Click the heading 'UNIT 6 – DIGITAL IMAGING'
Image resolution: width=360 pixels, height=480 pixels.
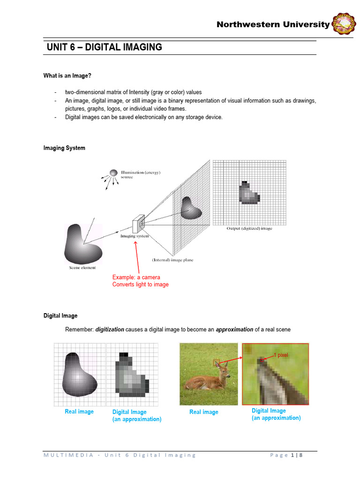[x=104, y=47]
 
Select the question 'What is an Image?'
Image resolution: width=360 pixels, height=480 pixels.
[x=64, y=76]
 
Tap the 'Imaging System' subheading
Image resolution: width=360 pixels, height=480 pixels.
[x=64, y=148]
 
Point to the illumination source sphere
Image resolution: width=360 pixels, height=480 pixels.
[x=113, y=173]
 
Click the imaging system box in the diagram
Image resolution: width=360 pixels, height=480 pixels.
[x=139, y=225]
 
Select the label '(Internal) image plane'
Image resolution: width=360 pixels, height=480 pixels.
[x=172, y=260]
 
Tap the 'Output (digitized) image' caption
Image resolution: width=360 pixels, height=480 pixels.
[x=249, y=228]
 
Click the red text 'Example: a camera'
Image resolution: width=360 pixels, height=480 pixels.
[x=136, y=277]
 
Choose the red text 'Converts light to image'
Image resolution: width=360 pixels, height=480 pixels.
[x=140, y=285]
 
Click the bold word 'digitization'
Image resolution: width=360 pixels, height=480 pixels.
[x=110, y=330]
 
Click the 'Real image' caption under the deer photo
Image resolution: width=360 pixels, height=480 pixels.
[x=203, y=412]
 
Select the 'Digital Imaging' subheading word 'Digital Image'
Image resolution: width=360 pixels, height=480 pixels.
[x=60, y=316]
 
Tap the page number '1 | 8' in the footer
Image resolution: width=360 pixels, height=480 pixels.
[x=297, y=455]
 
